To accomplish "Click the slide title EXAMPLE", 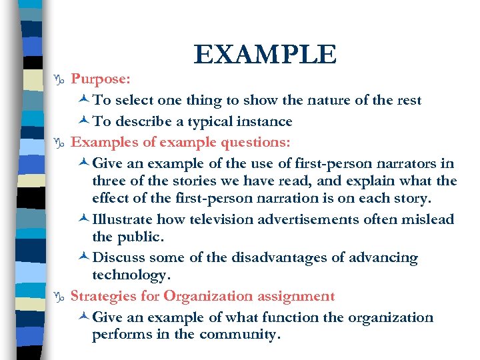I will (265, 55).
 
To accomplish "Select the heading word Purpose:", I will (101, 79).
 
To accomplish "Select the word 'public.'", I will (142, 237).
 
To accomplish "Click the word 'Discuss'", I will (121, 258).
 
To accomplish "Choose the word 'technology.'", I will (131, 275).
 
